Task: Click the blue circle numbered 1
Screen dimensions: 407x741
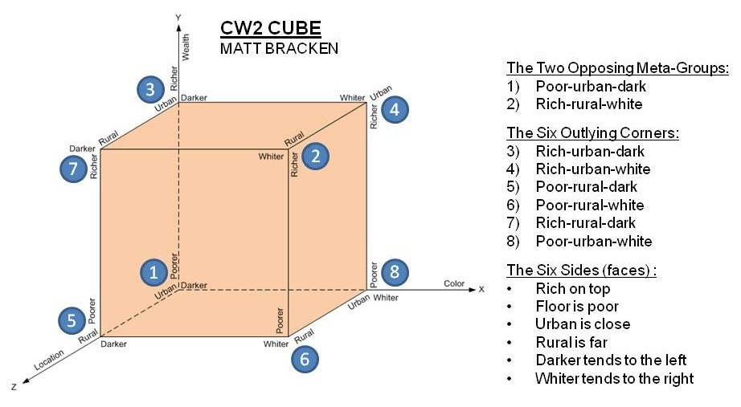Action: tap(153, 272)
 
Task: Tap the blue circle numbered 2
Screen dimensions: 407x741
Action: tap(316, 157)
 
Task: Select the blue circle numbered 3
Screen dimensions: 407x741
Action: tap(149, 88)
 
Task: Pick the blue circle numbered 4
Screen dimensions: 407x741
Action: tap(394, 110)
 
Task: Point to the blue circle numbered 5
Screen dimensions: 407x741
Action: tap(72, 320)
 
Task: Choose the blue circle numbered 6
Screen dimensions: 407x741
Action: tap(304, 359)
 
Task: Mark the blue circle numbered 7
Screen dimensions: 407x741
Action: tap(74, 169)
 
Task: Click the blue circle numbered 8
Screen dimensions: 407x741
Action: tap(394, 272)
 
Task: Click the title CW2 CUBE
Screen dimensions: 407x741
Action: tap(270, 29)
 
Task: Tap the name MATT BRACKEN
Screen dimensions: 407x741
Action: tap(279, 49)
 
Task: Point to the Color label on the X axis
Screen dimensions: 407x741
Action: tap(454, 283)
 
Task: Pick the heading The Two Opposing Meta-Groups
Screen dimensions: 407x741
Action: tap(617, 67)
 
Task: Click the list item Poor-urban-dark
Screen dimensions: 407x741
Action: tap(590, 86)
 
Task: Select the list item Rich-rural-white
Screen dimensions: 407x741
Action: tap(588, 104)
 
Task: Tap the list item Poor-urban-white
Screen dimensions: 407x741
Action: tap(593, 241)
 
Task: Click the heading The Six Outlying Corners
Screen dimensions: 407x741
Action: tap(593, 132)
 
